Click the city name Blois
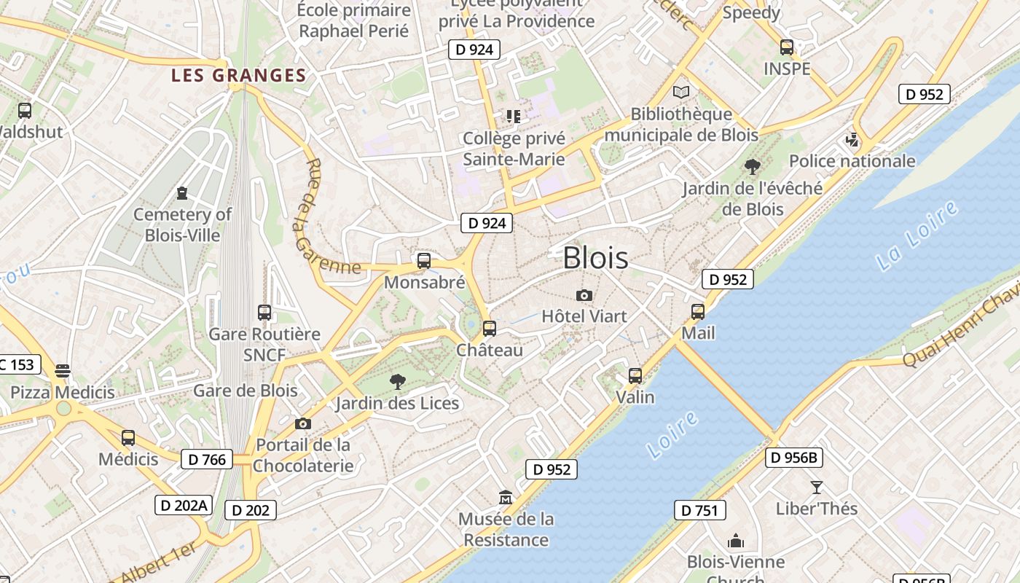[595, 258]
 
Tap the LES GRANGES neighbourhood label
[238, 75]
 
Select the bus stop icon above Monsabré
[423, 260]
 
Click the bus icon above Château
[489, 328]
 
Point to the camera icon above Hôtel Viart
[584, 295]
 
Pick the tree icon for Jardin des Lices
[397, 380]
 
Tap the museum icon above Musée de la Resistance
[506, 498]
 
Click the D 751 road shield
[700, 510]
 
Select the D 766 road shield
[206, 459]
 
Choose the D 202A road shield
[184, 505]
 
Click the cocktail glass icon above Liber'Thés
[816, 487]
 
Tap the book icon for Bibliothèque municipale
[680, 92]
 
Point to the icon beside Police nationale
[852, 139]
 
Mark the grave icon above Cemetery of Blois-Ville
[181, 193]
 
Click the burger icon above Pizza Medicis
[63, 370]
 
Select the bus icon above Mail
[697, 311]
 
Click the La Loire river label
[917, 237]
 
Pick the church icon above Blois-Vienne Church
[736, 541]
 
